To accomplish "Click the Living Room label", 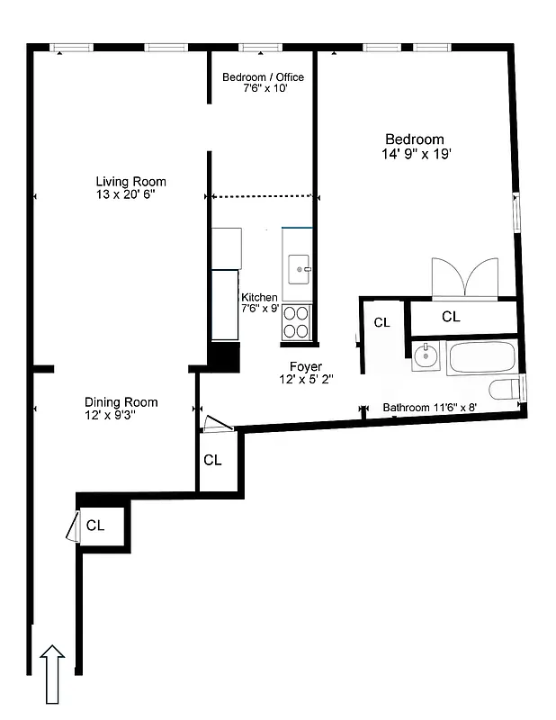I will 130,182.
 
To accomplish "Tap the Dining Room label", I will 121,402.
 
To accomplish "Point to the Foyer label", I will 305,367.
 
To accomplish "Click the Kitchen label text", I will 259,298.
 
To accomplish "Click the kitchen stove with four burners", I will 296,322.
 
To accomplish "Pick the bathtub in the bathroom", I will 481,358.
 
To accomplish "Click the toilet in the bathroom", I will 507,391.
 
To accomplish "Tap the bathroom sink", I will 426,357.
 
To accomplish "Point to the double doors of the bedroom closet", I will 464,277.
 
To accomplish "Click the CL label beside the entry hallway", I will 95,526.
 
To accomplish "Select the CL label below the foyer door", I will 212,461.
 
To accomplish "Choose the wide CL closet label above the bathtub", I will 451,317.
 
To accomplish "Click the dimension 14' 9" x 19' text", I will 415,154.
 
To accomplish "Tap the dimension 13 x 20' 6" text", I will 130,194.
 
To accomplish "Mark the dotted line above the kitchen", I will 262,195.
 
